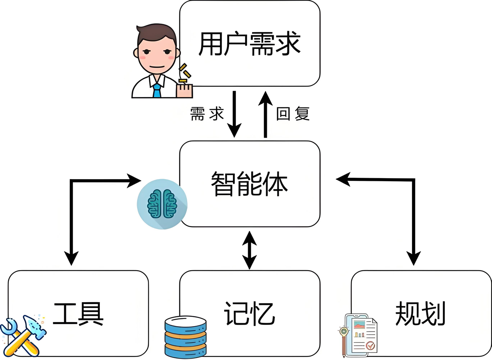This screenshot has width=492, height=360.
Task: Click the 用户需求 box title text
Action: [249, 43]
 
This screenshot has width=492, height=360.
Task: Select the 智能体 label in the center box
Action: [249, 184]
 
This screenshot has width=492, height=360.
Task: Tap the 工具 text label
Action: [78, 314]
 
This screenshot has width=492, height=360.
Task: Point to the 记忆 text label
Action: [249, 314]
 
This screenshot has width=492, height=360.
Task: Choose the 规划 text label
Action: [421, 314]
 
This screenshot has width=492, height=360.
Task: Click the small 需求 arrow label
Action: [207, 114]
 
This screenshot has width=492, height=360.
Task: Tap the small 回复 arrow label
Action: [293, 114]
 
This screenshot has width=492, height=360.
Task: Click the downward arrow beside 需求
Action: [234, 115]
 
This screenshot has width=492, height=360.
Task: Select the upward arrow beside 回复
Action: [265, 115]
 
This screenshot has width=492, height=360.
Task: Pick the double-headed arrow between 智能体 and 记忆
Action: [249, 250]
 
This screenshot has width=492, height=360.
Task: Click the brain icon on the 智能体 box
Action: [162, 204]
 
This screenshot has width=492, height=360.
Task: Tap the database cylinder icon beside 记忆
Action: [186, 337]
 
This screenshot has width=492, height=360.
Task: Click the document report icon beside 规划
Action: [360, 335]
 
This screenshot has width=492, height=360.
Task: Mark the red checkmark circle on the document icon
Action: [370, 346]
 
